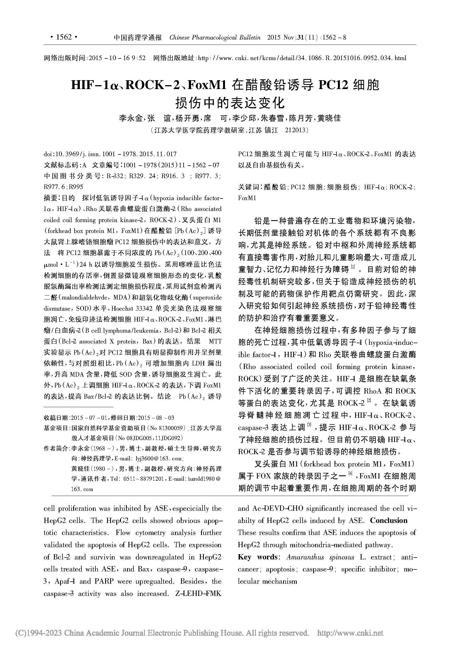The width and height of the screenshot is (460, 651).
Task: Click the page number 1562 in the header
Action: point(64,37)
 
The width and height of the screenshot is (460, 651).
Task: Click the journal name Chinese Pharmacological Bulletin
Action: point(215,37)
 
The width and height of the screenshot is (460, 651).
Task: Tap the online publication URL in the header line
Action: point(302,58)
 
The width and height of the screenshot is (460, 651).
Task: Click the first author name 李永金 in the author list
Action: point(131,118)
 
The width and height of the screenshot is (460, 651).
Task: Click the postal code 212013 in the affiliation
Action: point(295,130)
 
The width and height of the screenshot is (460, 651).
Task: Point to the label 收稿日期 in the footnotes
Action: point(56,418)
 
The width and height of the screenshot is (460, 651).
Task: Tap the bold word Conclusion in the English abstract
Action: point(389,520)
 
